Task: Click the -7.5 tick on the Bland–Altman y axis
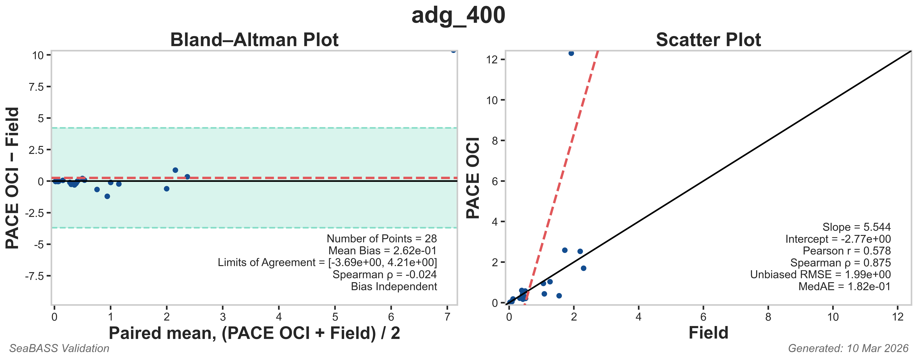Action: click(x=35, y=276)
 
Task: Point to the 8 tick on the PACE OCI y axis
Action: click(x=495, y=141)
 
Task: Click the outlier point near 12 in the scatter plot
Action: click(x=571, y=53)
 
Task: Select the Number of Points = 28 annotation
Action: click(x=382, y=239)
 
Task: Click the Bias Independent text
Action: click(x=394, y=286)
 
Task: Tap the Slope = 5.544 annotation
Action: click(x=856, y=227)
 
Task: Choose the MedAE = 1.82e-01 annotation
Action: click(x=844, y=286)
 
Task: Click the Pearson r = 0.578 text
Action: click(x=846, y=251)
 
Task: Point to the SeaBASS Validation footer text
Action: click(x=59, y=348)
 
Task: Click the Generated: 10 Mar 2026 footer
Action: click(x=848, y=348)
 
